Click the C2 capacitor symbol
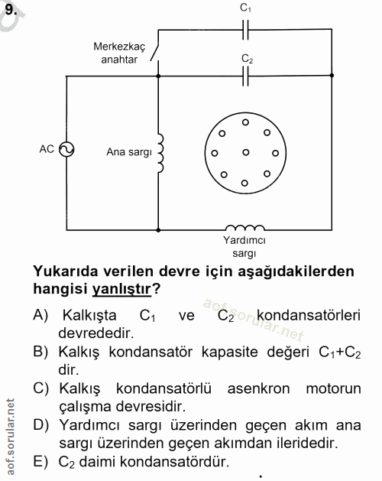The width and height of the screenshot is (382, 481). pos(245,76)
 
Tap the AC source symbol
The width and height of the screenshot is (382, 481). pos(66,150)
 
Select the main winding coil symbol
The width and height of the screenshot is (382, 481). pos(160,152)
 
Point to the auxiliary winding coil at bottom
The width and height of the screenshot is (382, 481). pos(244,227)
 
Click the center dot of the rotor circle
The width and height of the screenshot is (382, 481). pos(245,152)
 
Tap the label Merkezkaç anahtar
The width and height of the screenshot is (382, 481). pos(118,52)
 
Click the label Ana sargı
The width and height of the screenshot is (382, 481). pos(130,152)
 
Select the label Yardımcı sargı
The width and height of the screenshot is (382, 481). pos(244,246)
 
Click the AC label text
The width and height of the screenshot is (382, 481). pos(47,150)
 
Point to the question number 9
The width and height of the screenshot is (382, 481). pos(11,8)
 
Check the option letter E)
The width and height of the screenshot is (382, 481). pos(41,462)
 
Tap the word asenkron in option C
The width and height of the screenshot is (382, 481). pos(248,389)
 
